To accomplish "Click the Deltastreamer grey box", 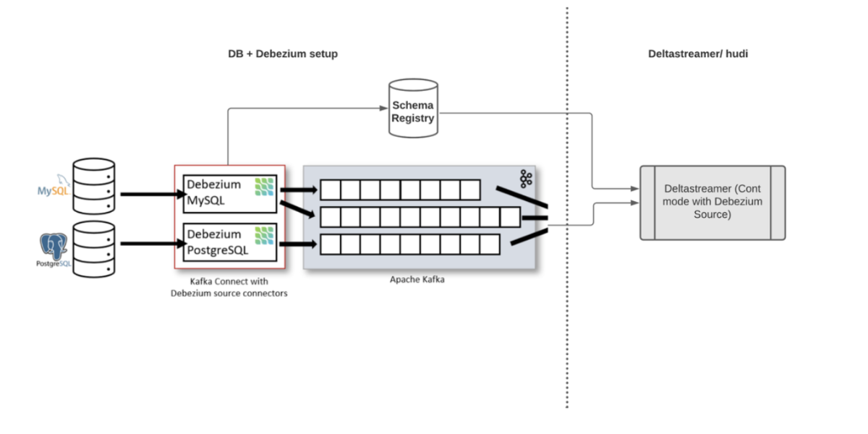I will click(712, 203).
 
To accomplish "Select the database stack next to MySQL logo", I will click(95, 187).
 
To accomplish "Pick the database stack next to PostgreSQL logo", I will click(95, 250).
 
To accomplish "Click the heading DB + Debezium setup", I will click(283, 54).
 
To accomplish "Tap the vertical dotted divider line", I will click(567, 217).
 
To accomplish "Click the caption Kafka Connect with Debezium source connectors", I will click(229, 286).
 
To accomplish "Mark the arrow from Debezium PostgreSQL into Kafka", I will click(297, 244).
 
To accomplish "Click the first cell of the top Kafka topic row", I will click(331, 190).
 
